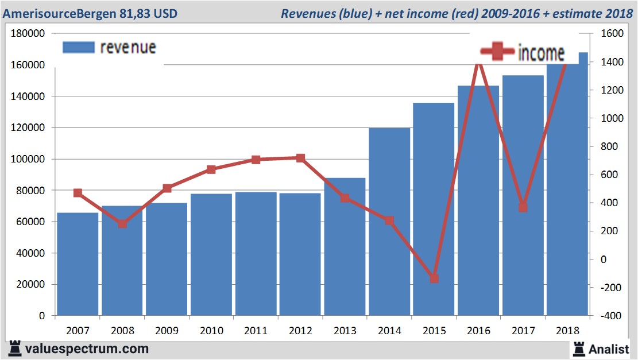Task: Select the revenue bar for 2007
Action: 78,264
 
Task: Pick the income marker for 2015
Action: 434,278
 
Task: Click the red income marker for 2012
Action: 300,158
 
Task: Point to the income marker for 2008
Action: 122,223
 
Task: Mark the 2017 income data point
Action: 523,207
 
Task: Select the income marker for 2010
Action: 211,169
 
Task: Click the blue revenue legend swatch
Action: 78,48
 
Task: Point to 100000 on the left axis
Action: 27,159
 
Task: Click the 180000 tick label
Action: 27,34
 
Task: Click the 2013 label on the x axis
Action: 345,331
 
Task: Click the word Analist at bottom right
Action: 608,349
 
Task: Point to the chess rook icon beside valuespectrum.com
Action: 13,349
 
